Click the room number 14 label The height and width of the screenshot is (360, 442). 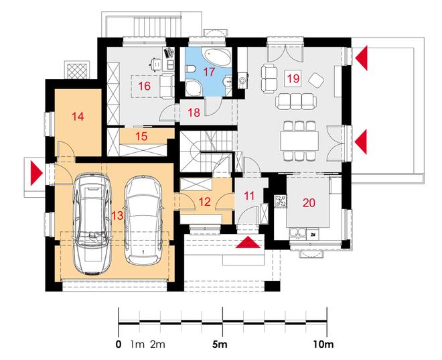click(78, 117)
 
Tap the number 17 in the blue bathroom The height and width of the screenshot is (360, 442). click(209, 72)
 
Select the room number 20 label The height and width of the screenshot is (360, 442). click(309, 202)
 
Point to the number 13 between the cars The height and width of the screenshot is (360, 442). click(117, 216)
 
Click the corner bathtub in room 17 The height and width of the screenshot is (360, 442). click(217, 56)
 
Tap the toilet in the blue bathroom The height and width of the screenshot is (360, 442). click(190, 69)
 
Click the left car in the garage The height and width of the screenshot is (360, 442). click(92, 223)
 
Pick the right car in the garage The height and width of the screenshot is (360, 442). click(143, 221)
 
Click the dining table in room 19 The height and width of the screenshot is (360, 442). click(299, 141)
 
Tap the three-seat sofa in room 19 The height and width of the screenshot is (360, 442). click(296, 102)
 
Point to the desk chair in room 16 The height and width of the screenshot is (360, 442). click(155, 64)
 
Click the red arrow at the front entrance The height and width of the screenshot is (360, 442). click(248, 243)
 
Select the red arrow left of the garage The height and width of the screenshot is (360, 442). click(36, 173)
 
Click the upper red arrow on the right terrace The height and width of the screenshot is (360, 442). click(362, 58)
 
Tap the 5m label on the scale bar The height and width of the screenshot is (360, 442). click(220, 345)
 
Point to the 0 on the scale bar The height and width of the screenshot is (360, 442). click(119, 345)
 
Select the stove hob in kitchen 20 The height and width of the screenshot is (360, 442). click(281, 201)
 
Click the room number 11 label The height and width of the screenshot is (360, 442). click(249, 196)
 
